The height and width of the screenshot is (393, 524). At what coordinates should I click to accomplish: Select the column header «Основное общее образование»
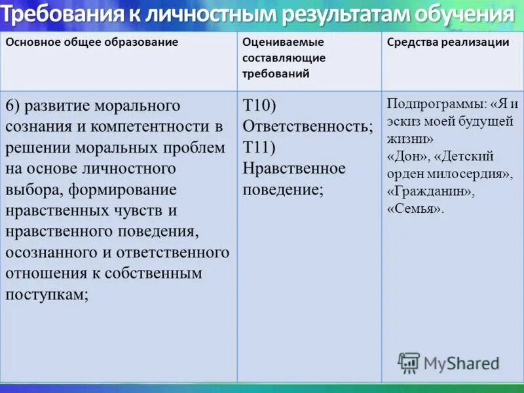pos(92,42)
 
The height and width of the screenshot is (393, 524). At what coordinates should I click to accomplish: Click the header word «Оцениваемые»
pos(283,42)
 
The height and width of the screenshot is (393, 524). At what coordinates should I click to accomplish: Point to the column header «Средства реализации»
pos(448,42)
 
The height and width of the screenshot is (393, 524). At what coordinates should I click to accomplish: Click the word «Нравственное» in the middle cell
pos(294,168)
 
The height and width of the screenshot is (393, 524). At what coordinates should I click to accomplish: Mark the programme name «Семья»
pos(415,210)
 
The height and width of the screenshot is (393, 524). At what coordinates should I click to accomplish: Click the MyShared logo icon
pos(409,362)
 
